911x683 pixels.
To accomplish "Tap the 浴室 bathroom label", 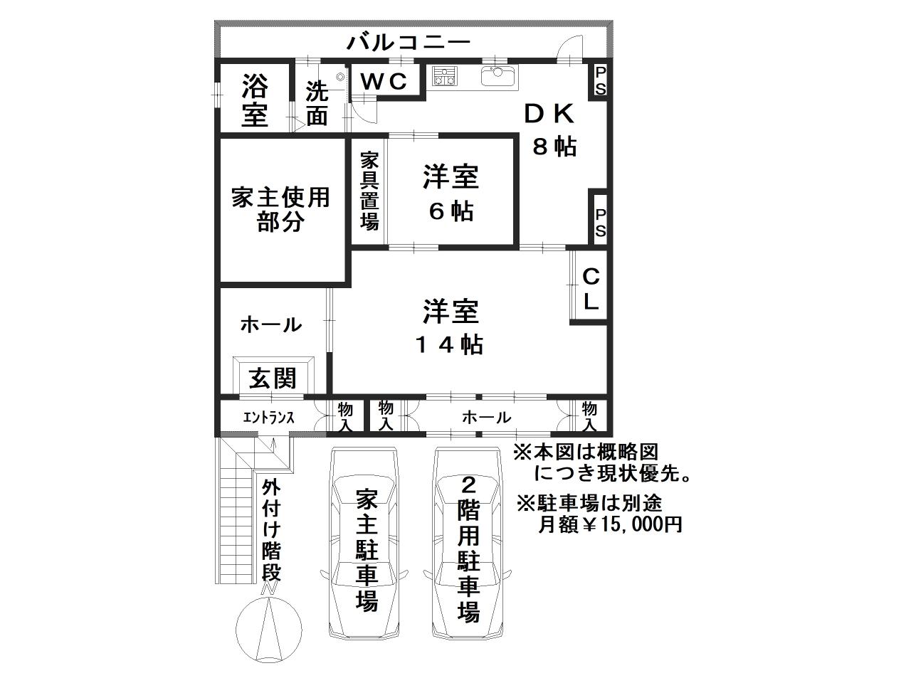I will tap(254, 101).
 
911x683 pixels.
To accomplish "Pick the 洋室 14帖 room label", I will tap(451, 327).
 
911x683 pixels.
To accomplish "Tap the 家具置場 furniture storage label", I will tap(369, 191).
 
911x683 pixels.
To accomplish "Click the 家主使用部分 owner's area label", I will tap(280, 210).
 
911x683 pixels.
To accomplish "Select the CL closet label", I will tap(591, 289).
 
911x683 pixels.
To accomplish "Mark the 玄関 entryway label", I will tap(272, 377).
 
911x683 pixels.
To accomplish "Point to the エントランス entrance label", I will tap(268, 418).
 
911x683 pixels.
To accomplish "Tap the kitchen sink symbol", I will tap(501, 75).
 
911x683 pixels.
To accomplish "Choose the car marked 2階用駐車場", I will tap(468, 544).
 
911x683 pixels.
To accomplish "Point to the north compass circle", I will tap(269, 630).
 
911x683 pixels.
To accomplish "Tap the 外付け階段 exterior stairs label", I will tap(271, 530).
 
